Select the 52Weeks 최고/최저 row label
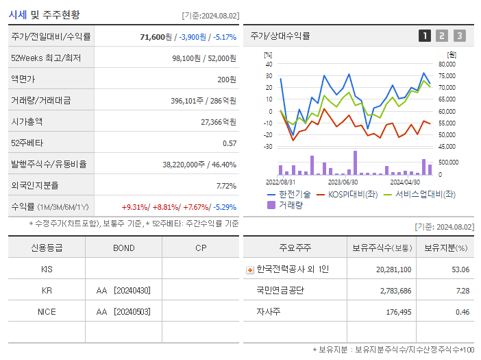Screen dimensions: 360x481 coord(45,58)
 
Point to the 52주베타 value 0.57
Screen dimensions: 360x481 coord(229,143)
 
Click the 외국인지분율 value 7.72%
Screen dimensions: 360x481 coord(225,185)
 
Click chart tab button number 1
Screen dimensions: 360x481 coord(425,36)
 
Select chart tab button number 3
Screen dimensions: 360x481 coord(459,36)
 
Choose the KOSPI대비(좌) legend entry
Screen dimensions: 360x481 coord(349,195)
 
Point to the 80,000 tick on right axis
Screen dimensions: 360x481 coord(446,64)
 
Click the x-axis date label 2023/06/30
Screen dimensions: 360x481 coord(343,182)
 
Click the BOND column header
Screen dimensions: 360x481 coord(123,248)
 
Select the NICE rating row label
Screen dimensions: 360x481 coord(47,311)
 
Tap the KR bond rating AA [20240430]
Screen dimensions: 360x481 coord(123,290)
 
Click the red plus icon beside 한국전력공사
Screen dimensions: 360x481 coord(249,269)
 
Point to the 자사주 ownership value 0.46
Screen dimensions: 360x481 coord(462,312)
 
